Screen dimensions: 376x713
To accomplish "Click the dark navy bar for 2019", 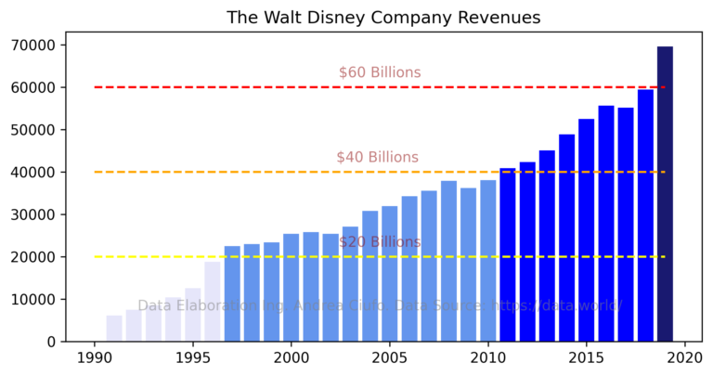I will click(665, 194).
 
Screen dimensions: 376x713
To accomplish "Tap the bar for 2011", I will click(508, 254).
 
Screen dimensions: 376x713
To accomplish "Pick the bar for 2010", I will click(488, 261).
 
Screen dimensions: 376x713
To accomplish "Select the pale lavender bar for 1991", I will click(114, 329).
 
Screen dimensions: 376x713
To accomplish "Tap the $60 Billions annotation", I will click(379, 72).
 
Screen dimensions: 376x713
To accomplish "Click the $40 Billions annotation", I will click(377, 157).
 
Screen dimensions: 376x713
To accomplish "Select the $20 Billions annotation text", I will click(379, 242).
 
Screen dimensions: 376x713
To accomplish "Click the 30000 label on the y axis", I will click(37, 214).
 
